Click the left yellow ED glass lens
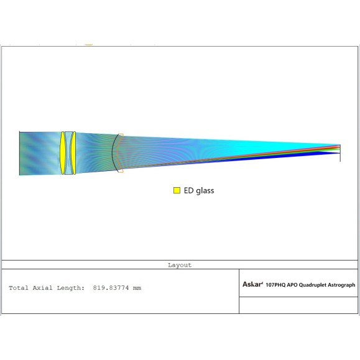pyautogui.click(x=62, y=153)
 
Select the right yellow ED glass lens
pyautogui.click(x=73, y=153)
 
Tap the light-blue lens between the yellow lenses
pyautogui.click(x=68, y=153)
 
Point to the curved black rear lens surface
pyautogui.click(x=113, y=153)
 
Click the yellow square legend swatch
pyautogui.click(x=177, y=190)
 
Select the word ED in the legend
pyautogui.click(x=189, y=190)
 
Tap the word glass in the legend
pyautogui.click(x=205, y=191)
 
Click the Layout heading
pyautogui.click(x=180, y=265)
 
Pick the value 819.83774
pyautogui.click(x=111, y=288)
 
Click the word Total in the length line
pyautogui.click(x=19, y=288)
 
